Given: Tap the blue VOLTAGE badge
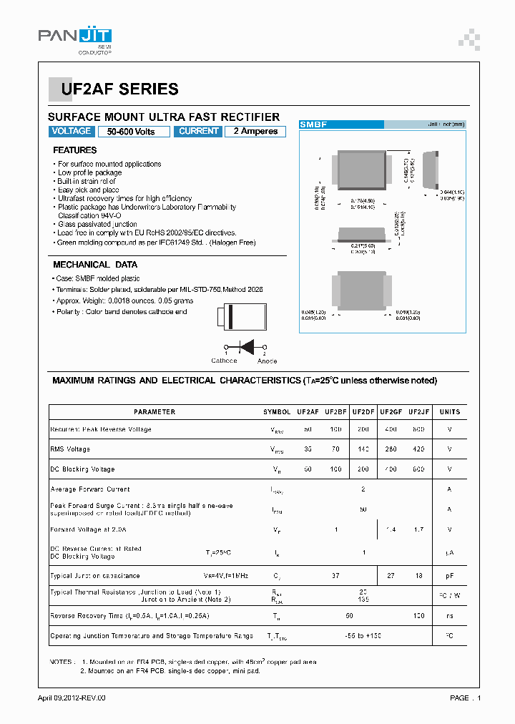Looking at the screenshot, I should point(72,132).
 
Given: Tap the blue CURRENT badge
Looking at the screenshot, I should point(198,132).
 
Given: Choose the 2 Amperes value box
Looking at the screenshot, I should point(255,132).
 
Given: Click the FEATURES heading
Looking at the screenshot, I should point(74,150).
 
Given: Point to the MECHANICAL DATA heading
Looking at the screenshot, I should point(94,265).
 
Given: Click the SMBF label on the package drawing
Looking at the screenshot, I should point(313,124).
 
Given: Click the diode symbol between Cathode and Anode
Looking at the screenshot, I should point(245,347).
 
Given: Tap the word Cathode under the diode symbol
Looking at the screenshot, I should point(224,361).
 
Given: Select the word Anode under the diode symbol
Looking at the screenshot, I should point(267,361).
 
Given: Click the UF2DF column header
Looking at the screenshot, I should point(363,412).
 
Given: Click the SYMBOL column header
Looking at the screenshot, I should point(277,412).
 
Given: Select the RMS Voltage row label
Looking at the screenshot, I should point(70,449).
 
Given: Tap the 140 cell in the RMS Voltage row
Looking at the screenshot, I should point(363,449).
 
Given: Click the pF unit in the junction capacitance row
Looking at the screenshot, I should point(449,575).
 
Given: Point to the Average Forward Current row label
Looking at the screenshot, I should point(89,489).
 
